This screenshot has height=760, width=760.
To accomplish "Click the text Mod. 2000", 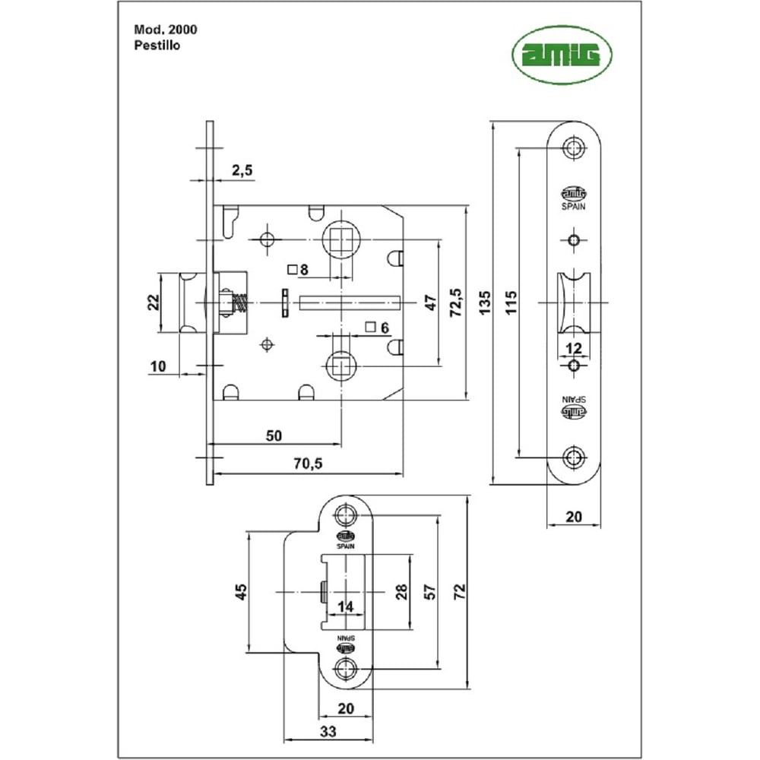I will click(x=166, y=30).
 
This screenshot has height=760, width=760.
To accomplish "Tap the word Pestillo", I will click(x=157, y=44).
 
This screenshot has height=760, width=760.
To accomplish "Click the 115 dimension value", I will click(x=511, y=302).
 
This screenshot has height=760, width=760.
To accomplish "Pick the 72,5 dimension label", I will click(x=456, y=302).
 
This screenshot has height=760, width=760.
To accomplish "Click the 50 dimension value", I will click(x=274, y=435).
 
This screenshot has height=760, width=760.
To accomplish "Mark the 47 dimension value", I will click(x=430, y=302).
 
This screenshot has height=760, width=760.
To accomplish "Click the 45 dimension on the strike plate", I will click(x=240, y=591).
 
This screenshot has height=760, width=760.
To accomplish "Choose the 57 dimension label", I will click(x=429, y=591).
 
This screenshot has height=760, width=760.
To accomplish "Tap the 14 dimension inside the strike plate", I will click(x=345, y=606).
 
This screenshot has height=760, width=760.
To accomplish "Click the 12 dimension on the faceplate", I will click(x=574, y=348).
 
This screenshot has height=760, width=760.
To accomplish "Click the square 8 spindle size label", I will click(x=298, y=268).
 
